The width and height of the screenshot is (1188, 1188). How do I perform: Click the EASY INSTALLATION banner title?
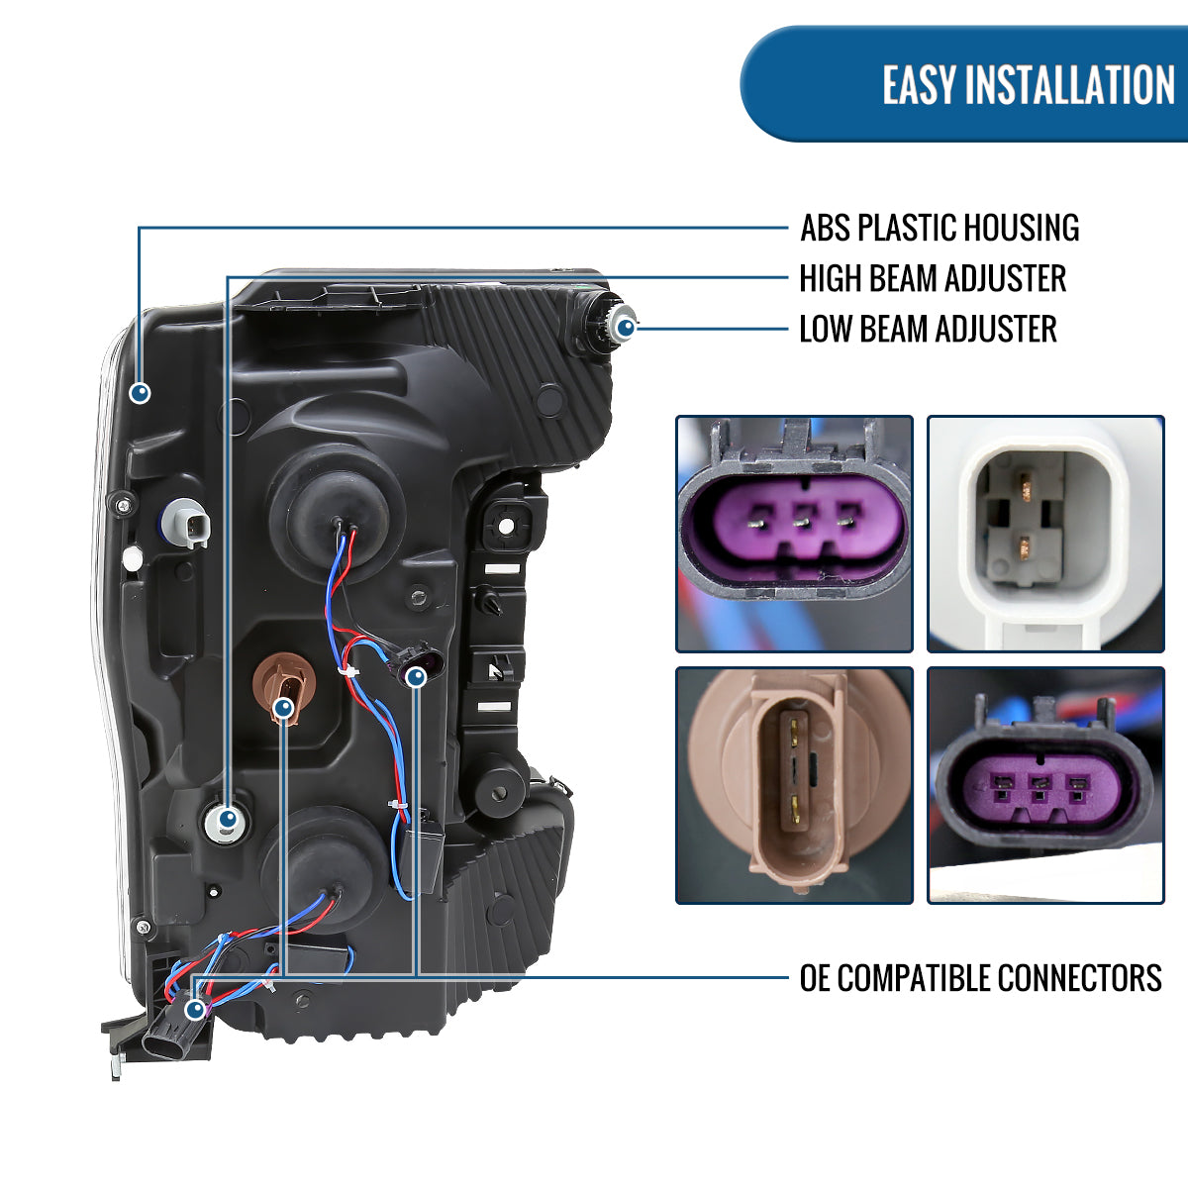[x=1028, y=85]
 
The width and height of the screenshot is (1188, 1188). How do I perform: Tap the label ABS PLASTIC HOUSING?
[x=939, y=228]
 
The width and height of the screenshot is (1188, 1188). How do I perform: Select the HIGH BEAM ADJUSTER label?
[x=932, y=279]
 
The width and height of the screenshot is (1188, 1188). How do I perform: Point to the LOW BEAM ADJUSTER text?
[x=928, y=330]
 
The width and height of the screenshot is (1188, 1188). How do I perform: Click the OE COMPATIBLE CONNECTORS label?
[x=980, y=978]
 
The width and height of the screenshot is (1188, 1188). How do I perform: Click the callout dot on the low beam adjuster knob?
[x=626, y=325]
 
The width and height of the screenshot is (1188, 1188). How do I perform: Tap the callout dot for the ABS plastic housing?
[x=141, y=392]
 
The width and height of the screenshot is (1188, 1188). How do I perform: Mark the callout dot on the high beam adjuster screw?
[x=228, y=820]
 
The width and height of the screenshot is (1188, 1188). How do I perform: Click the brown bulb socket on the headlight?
[x=284, y=685]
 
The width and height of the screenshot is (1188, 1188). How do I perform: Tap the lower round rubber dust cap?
[x=324, y=857]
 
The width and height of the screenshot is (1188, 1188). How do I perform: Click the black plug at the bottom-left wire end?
[x=170, y=1036]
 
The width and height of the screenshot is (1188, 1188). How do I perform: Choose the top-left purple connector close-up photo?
[x=794, y=534]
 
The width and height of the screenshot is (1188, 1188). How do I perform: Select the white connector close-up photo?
[x=1045, y=534]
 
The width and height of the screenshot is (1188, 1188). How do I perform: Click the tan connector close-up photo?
[x=794, y=785]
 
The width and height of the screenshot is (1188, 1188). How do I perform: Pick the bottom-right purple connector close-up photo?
[x=1045, y=785]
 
